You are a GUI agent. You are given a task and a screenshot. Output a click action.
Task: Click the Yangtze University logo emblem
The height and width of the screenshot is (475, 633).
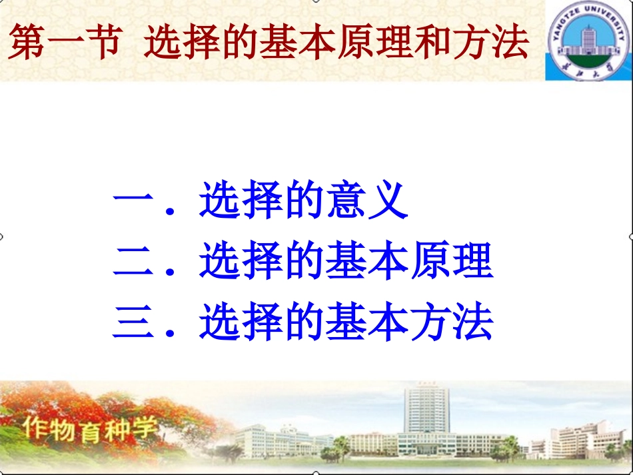588,41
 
